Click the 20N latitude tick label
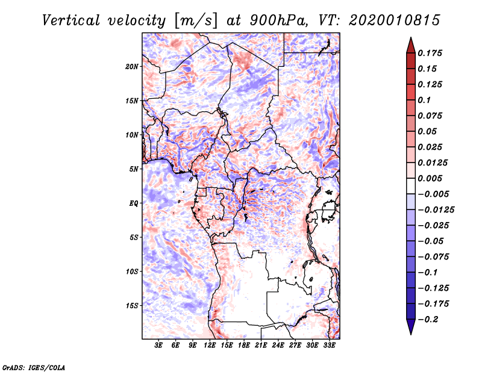pos(132,66)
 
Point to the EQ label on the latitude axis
pos(133,203)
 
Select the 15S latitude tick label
pos(132,305)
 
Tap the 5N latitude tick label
pos(134,169)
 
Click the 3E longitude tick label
pos(159,346)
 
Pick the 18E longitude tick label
pos(244,346)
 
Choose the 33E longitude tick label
pos(329,346)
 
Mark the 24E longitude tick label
pos(278,346)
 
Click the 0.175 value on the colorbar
pos(431,53)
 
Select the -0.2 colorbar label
pos(429,319)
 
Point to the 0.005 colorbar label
pos(431,178)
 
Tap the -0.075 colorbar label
pos(435,256)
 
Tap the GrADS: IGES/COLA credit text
pos(33,367)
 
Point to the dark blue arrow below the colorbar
pos(410,327)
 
